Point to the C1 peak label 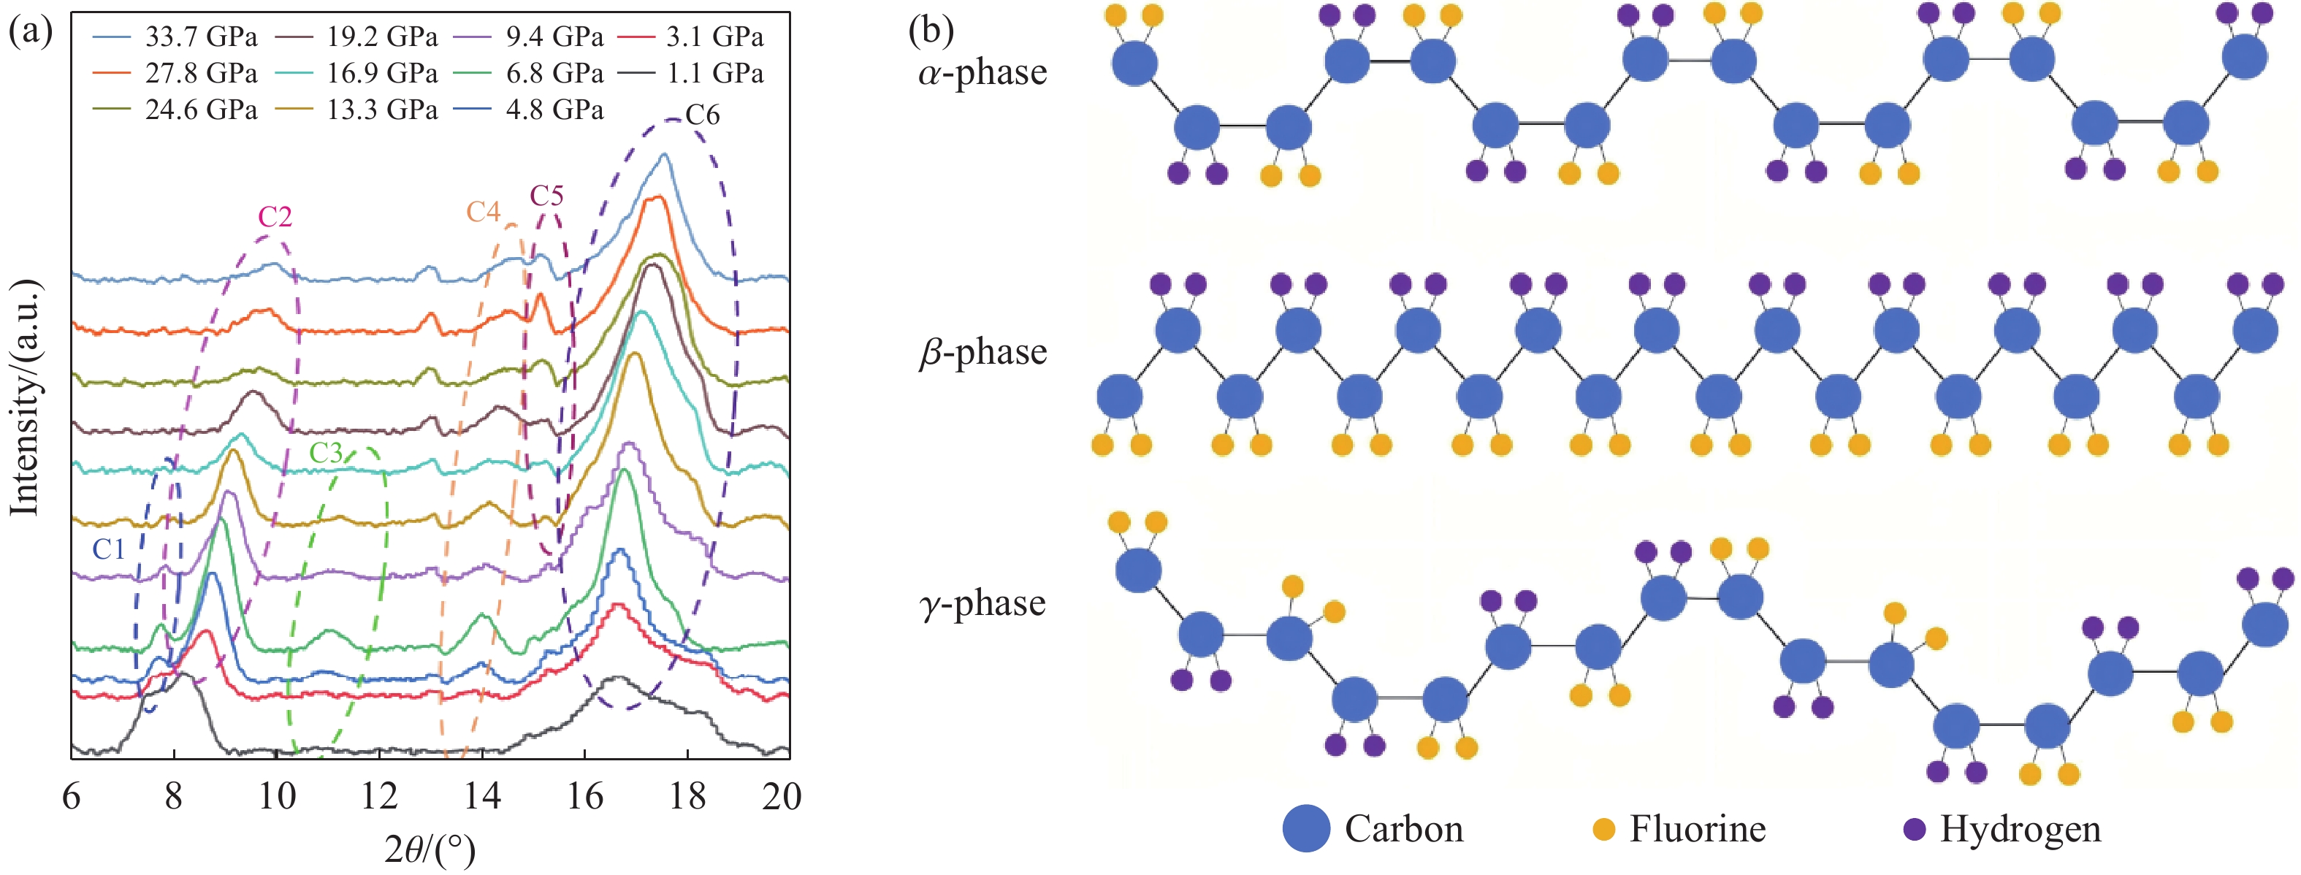(x=109, y=549)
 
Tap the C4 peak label (x=484, y=212)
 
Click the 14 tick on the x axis (x=482, y=796)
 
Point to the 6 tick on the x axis (x=72, y=796)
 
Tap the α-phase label (x=982, y=72)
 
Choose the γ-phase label (x=982, y=603)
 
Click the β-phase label (x=982, y=352)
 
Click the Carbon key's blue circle (x=1306, y=828)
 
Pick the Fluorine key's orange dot (x=1604, y=828)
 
